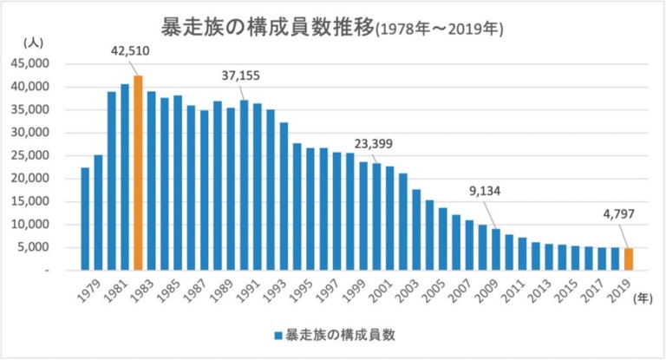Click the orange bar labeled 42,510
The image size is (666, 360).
[x=138, y=173]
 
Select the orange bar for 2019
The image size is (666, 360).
[x=629, y=259]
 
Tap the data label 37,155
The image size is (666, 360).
[x=241, y=76]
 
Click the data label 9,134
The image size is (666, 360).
[x=485, y=192]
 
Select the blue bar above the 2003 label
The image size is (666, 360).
[x=416, y=230]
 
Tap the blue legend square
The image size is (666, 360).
[x=278, y=334]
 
